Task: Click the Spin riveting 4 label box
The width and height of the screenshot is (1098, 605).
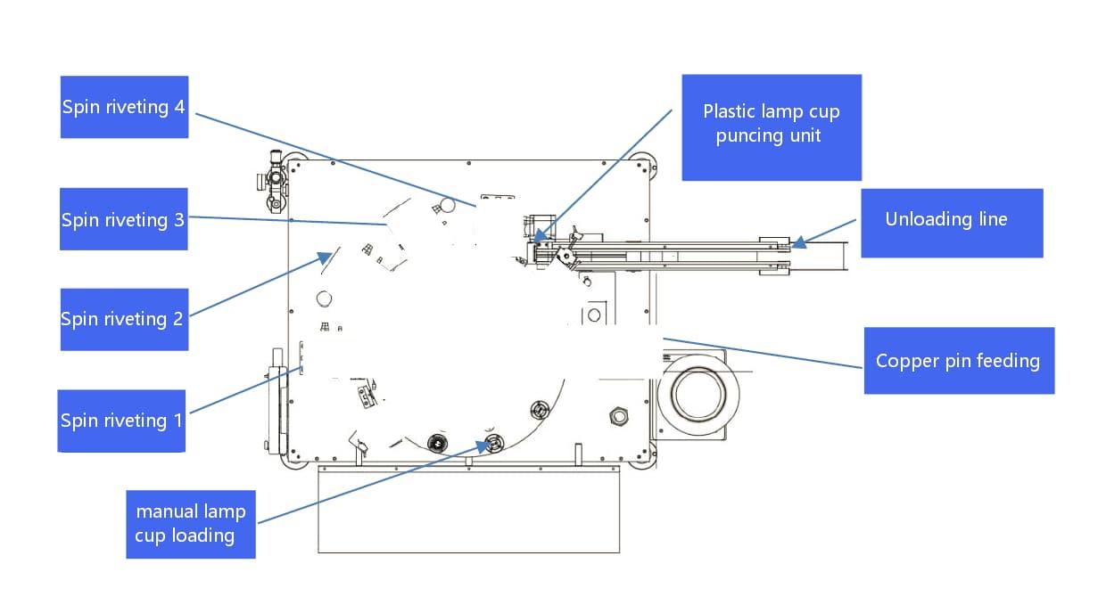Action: (x=124, y=107)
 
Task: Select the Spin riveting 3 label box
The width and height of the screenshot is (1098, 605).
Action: (x=124, y=219)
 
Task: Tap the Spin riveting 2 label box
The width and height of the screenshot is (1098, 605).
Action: (x=124, y=318)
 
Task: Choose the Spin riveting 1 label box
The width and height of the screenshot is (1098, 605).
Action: (x=121, y=421)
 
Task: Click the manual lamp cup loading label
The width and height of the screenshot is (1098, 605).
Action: (x=190, y=524)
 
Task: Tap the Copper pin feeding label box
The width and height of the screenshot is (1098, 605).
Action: (x=958, y=361)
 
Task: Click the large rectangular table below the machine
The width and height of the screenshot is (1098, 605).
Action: (x=468, y=510)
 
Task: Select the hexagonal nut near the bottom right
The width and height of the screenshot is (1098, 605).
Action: (x=616, y=415)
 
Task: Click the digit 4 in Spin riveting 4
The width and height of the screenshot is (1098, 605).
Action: (x=179, y=107)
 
